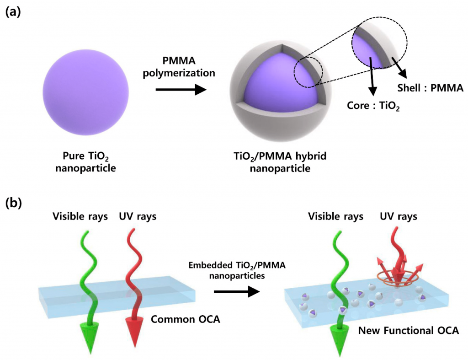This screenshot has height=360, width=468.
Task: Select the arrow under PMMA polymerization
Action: pos(181,90)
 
